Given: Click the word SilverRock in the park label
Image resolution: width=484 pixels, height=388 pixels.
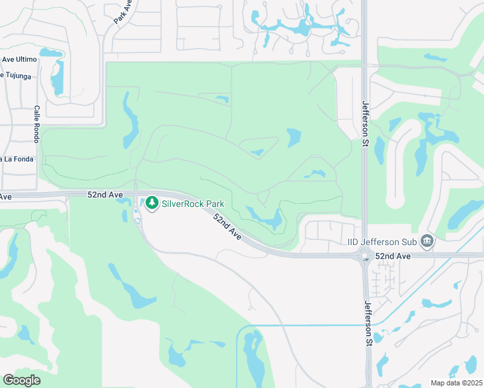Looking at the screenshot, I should click(x=182, y=204).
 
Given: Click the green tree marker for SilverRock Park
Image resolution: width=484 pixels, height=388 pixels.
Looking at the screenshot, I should click(x=152, y=203).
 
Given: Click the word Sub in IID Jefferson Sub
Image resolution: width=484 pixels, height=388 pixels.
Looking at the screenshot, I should click(x=408, y=242).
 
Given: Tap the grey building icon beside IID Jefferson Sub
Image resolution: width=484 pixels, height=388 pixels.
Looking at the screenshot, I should click(x=426, y=241).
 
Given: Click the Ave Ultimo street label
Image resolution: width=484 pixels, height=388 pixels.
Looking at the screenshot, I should click(x=19, y=59).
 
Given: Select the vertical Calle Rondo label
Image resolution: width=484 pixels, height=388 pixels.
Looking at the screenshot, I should click(x=37, y=124).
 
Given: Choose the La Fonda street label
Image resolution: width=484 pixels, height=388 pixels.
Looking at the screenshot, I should click(x=14, y=159).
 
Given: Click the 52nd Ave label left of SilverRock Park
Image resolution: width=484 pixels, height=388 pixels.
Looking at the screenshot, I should click(x=104, y=193).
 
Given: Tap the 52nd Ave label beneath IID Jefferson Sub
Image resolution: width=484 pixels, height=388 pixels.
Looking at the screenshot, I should click(x=393, y=257).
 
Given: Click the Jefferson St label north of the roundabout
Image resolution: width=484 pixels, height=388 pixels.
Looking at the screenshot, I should click(x=365, y=124).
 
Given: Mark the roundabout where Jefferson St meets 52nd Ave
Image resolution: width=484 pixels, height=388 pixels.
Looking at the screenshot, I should click(x=365, y=257).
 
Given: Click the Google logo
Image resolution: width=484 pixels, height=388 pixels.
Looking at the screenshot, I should click(x=21, y=380).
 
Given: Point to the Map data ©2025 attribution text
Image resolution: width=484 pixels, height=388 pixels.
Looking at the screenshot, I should click(x=456, y=383).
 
